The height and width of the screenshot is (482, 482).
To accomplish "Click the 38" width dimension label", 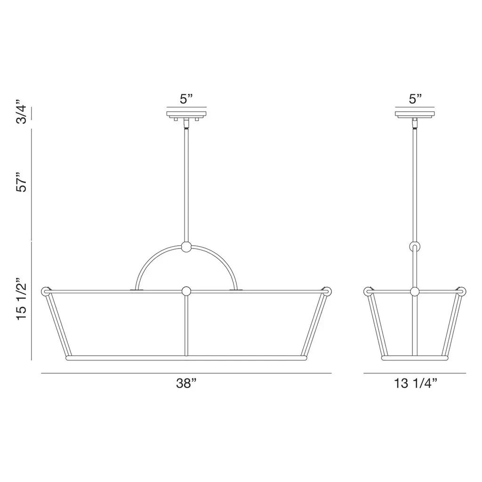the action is (186, 383).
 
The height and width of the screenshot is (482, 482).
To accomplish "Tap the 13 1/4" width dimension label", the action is (416, 383).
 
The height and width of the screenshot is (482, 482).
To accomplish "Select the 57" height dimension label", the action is (22, 183).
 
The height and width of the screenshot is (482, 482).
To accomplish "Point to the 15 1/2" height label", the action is (22, 299).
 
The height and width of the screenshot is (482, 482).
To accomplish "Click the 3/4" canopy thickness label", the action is (22, 112).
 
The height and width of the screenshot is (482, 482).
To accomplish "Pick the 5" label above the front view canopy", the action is (186, 99).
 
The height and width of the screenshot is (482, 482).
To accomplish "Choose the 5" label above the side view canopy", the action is (415, 99).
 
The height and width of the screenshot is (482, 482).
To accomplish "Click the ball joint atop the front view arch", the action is (186, 247).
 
